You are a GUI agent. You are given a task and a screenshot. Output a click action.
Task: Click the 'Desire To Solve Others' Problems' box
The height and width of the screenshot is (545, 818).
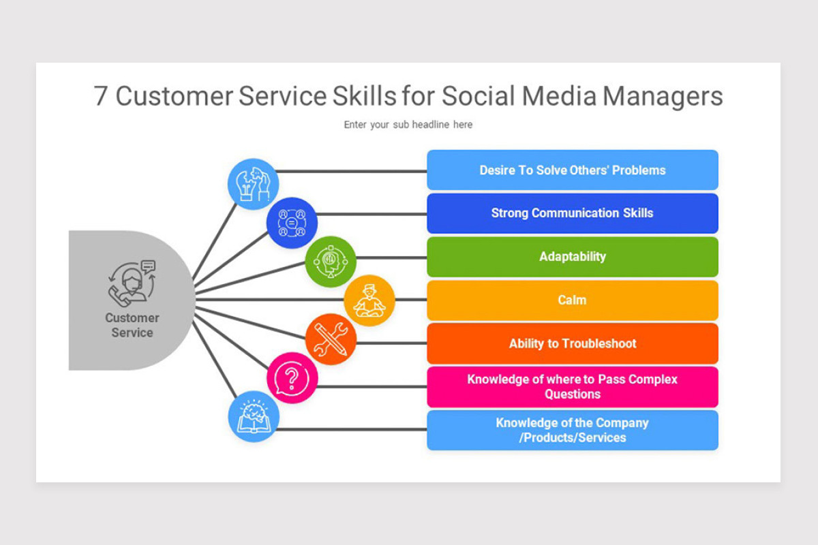[572, 170]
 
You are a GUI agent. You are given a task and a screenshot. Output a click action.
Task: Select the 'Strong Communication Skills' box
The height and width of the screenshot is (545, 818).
[572, 213]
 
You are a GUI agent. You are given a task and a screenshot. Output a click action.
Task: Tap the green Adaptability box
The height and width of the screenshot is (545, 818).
[572, 257]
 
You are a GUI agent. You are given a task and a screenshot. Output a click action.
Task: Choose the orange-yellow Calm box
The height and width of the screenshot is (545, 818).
[572, 300]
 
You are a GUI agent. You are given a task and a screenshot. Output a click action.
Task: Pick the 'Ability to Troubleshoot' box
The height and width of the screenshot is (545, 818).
[572, 343]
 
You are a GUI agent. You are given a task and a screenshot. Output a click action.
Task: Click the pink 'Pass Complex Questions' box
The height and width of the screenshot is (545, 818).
[572, 387]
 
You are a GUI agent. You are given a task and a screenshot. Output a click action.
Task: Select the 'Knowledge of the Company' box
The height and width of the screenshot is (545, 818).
[572, 430]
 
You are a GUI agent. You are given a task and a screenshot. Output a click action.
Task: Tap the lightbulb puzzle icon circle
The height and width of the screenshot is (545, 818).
[253, 184]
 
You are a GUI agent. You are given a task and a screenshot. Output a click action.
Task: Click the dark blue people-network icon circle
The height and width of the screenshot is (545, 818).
[292, 223]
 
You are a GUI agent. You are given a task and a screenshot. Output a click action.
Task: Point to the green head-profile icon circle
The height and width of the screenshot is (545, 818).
[331, 262]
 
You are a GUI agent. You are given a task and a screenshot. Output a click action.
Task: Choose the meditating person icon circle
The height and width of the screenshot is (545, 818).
[369, 300]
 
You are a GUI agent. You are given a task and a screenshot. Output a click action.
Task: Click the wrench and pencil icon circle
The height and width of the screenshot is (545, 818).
[331, 339]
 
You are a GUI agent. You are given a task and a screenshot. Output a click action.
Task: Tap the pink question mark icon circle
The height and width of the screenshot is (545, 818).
[292, 378]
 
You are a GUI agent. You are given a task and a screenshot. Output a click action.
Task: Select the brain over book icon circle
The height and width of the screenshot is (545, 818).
[254, 416]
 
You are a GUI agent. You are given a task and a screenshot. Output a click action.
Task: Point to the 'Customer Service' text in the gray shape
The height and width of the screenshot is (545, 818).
[132, 325]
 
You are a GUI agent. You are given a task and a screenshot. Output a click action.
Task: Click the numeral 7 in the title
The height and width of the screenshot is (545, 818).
[100, 96]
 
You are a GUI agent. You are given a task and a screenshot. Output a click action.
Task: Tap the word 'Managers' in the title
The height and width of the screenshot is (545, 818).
[663, 97]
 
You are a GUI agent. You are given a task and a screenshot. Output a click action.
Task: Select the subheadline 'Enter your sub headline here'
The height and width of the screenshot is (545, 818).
[408, 125]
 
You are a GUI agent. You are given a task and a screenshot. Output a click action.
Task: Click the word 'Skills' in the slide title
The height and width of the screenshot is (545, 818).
[364, 96]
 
